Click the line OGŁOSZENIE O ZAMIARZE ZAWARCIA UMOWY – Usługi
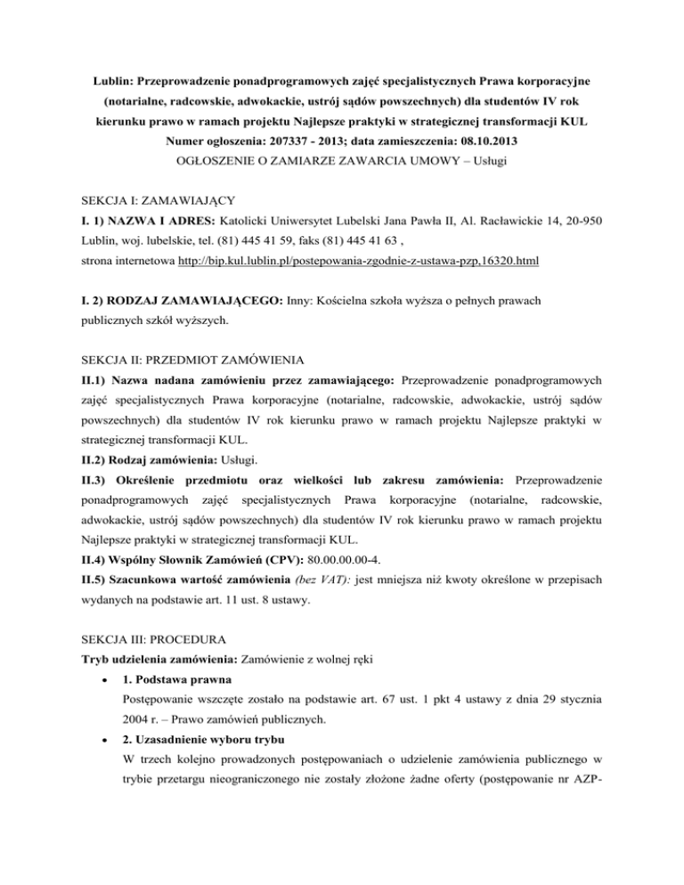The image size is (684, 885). coord(341,164)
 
